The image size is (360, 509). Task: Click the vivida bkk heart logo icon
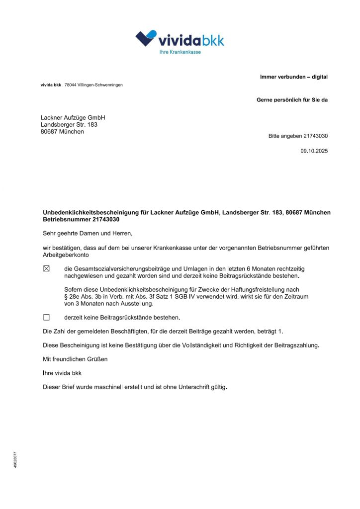click(x=146, y=38)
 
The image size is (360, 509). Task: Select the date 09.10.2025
click(x=314, y=151)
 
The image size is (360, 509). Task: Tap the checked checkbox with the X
click(x=47, y=269)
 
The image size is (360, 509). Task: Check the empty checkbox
click(x=47, y=317)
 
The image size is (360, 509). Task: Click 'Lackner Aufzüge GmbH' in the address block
click(x=73, y=118)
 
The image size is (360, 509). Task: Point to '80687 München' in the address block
click(x=62, y=132)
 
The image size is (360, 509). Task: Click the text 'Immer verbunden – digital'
click(x=293, y=77)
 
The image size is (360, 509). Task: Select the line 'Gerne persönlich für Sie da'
click(x=292, y=100)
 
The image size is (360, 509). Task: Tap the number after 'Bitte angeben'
click(x=315, y=136)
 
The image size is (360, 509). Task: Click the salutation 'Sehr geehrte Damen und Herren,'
click(x=88, y=233)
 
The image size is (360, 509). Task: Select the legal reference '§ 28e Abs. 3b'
click(x=83, y=297)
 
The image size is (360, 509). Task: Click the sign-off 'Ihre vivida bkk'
click(x=62, y=373)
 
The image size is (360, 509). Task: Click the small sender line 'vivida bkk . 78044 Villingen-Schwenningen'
click(x=82, y=85)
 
